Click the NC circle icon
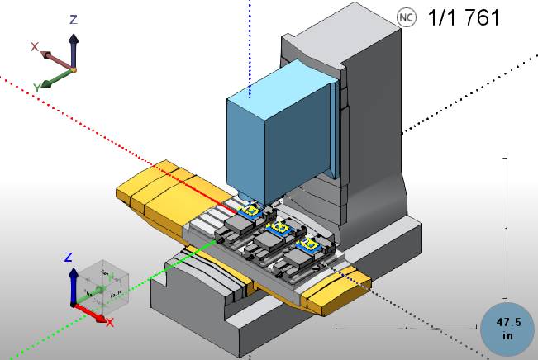(405, 17)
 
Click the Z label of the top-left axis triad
(74, 19)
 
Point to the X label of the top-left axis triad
(35, 47)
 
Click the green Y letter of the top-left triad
(37, 87)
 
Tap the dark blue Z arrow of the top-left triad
(74, 50)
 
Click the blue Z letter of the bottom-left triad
(70, 256)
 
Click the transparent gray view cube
(103, 285)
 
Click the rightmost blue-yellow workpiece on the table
(311, 245)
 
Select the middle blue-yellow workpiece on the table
(280, 226)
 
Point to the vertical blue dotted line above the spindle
(249, 41)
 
